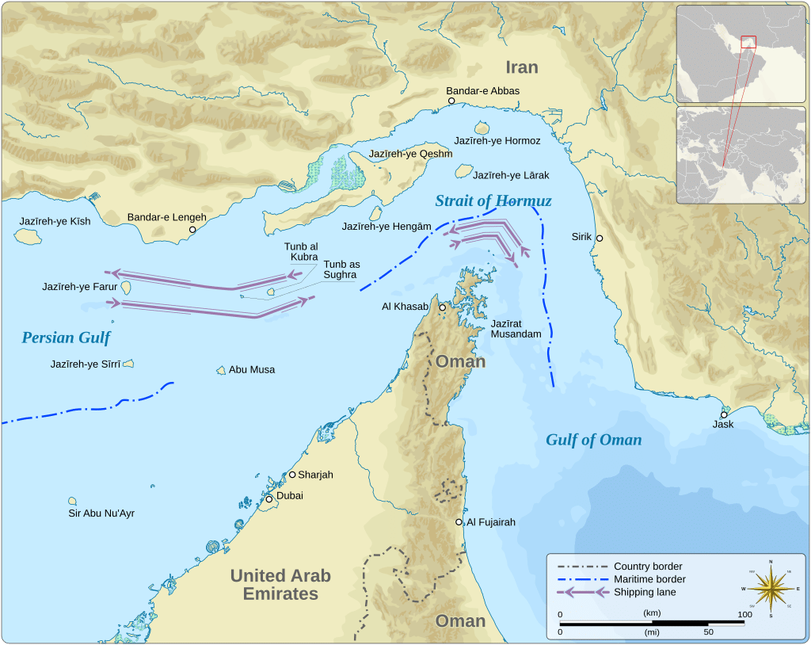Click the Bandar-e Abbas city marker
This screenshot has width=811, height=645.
point(451,101)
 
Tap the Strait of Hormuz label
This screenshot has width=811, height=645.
point(493,201)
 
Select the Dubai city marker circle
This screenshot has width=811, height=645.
point(269,499)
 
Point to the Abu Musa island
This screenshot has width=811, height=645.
point(222,370)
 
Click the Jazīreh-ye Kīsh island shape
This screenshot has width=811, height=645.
point(29,235)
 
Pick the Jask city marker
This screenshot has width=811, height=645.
point(723,414)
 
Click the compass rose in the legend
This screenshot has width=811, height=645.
point(770,588)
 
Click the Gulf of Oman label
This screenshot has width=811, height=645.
point(593,441)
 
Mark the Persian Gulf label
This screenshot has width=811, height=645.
point(66,338)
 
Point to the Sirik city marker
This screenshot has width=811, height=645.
point(600,238)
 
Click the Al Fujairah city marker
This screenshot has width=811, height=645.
point(459,522)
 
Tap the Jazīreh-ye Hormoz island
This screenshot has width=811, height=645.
point(482,128)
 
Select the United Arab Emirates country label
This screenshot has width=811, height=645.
point(280,585)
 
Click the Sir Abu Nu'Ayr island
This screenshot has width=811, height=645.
point(72,501)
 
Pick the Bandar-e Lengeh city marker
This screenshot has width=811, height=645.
point(192,230)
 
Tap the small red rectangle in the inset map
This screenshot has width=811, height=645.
point(748,41)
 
